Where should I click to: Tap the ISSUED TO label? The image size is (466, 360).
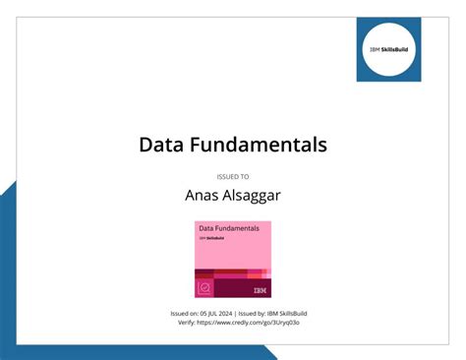[x=233, y=177]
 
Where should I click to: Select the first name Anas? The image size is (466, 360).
[x=204, y=195]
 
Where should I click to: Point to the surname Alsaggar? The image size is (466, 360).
[x=254, y=195]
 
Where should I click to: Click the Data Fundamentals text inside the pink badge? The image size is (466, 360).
[x=229, y=228]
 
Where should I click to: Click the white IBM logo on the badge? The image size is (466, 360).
[x=260, y=289]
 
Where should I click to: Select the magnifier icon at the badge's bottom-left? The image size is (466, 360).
[x=204, y=288]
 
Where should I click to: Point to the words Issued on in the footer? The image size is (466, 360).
[x=187, y=313]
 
